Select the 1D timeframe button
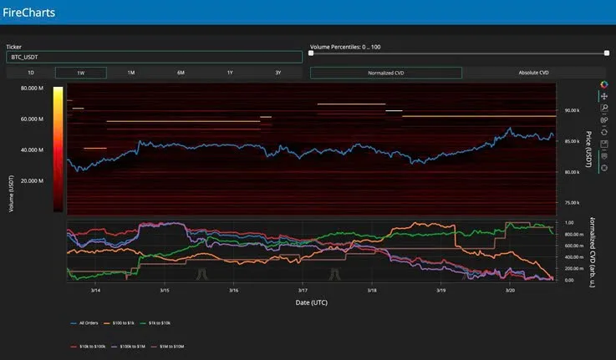pyautogui.click(x=30, y=73)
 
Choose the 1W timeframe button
pyautogui.click(x=80, y=73)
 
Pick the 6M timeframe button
pyautogui.click(x=181, y=73)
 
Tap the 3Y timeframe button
pyautogui.click(x=278, y=73)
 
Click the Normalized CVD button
pyautogui.click(x=385, y=73)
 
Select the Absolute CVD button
pyautogui.click(x=532, y=73)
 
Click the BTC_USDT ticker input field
pyautogui.click(x=154, y=58)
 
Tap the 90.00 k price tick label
pyautogui.click(x=573, y=110)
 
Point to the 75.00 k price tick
pyautogui.click(x=573, y=202)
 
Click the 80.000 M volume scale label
pyautogui.click(x=32, y=89)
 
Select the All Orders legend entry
pyautogui.click(x=89, y=322)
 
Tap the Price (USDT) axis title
pyautogui.click(x=588, y=149)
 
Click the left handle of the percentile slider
pyautogui.click(x=311, y=53)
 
